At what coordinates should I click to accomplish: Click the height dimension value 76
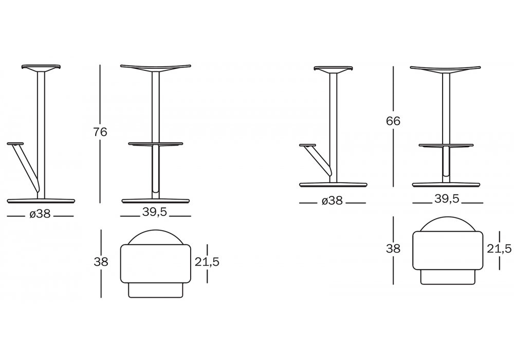click(x=100, y=132)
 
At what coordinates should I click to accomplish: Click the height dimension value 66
click(x=393, y=121)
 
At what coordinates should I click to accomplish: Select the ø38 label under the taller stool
click(x=40, y=214)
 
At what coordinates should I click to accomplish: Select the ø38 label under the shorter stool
click(x=332, y=201)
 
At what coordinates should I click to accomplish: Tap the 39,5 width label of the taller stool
click(x=155, y=212)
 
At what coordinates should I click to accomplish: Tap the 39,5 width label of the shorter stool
click(x=447, y=199)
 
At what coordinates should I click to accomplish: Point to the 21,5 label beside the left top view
click(x=207, y=262)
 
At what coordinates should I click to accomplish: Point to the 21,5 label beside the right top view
click(x=499, y=249)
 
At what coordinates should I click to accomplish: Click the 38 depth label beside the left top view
click(x=101, y=262)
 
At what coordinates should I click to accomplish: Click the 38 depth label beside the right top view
click(x=393, y=249)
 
